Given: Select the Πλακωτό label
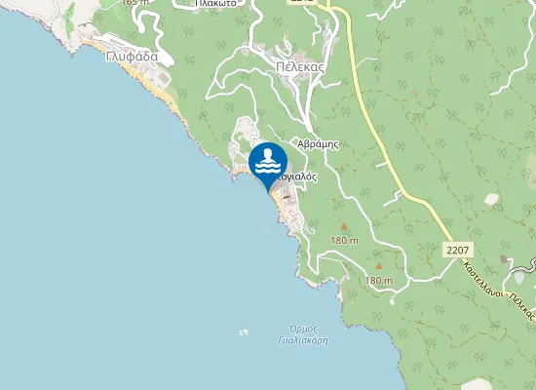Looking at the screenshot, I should [x=218, y=3].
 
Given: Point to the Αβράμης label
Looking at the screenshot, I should [x=320, y=142].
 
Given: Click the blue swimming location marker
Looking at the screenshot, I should [x=268, y=162].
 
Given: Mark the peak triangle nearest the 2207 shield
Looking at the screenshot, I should [x=378, y=265].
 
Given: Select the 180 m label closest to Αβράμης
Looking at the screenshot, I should [x=345, y=240].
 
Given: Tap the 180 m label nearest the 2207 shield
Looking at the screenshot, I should [x=378, y=281].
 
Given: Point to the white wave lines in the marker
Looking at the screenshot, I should [x=268, y=168].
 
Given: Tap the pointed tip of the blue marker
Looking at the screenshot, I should [x=269, y=191].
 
